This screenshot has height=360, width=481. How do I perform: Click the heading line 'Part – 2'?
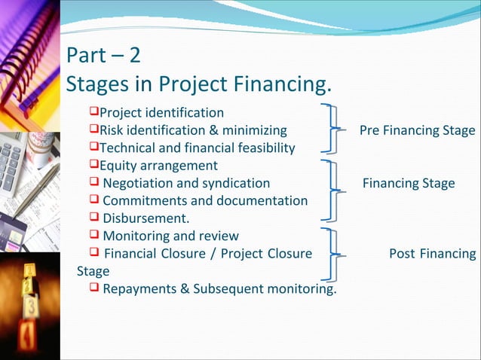[103, 56]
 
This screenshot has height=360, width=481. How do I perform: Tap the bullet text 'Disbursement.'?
[146, 218]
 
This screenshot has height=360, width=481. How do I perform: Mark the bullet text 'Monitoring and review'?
[170, 236]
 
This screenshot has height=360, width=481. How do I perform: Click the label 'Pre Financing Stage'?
[417, 130]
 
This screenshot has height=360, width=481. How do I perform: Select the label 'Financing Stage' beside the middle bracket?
[409, 183]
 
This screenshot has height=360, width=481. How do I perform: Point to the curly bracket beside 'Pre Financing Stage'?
[330, 130]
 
